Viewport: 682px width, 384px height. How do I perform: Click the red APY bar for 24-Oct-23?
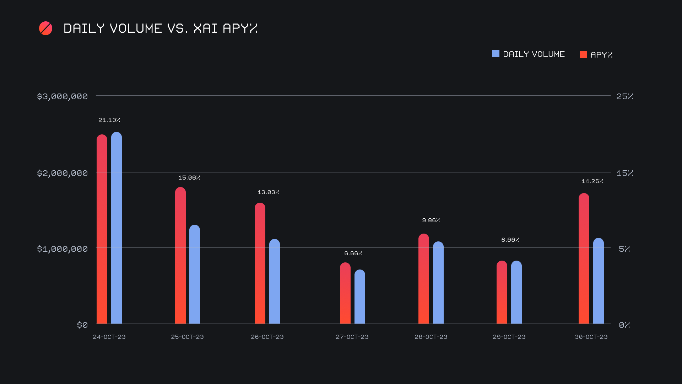tap(102, 229)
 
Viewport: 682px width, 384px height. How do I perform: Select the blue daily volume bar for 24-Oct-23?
tap(117, 228)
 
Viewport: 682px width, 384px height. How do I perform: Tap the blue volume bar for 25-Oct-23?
tap(195, 274)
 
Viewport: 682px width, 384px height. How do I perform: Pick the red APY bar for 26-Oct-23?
tap(260, 263)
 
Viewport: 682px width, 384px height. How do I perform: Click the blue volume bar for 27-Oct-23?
tap(360, 297)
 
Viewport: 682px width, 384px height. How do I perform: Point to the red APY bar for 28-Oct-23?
tap(424, 279)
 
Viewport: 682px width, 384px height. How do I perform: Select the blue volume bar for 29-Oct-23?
tap(516, 292)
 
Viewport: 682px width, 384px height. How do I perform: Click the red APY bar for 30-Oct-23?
tap(584, 258)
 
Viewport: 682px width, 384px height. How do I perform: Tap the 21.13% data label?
tap(109, 120)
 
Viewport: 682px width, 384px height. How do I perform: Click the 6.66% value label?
tap(353, 254)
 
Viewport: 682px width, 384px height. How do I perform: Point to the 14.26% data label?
tap(592, 181)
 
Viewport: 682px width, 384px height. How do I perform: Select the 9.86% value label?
tap(431, 220)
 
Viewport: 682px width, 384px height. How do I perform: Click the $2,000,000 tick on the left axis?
tap(63, 173)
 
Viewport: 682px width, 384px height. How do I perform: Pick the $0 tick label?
tap(82, 325)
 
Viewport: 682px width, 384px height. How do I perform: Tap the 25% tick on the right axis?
tap(624, 96)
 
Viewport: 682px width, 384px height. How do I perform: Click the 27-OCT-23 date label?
tap(352, 337)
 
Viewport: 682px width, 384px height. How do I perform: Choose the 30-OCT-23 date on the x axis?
tap(591, 337)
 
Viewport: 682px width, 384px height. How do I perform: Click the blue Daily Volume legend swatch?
tap(496, 54)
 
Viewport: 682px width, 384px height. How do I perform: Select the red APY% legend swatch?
tap(583, 54)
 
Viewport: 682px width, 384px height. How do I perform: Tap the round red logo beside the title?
tap(45, 28)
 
